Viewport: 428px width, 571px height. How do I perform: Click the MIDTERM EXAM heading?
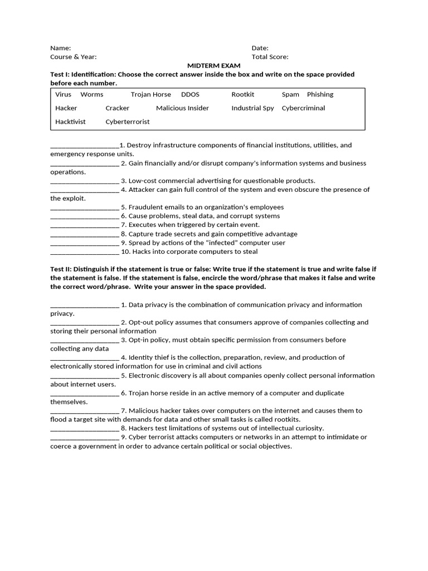(213, 65)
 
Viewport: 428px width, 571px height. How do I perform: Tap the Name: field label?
(60, 48)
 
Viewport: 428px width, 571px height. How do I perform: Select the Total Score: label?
(270, 57)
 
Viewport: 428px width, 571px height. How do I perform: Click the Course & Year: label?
(73, 57)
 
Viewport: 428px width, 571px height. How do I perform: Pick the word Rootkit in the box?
(242, 95)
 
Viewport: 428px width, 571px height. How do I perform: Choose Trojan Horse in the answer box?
(150, 95)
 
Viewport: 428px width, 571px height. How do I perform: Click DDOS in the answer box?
(190, 95)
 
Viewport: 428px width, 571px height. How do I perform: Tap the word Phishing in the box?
(320, 95)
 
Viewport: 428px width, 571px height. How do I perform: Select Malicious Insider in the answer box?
(182, 108)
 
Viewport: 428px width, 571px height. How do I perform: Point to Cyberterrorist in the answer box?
(128, 122)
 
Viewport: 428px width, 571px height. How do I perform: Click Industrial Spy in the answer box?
(252, 108)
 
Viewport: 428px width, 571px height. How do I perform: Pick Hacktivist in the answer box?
(70, 122)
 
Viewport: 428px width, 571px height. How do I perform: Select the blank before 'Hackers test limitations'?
(84, 429)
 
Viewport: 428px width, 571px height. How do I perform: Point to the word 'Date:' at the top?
(260, 48)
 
